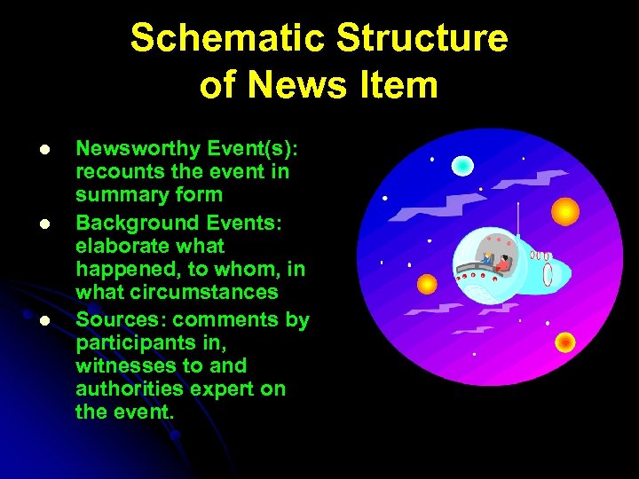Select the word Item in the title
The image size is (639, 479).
pyautogui.click(x=407, y=85)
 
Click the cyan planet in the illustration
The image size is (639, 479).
pyautogui.click(x=461, y=165)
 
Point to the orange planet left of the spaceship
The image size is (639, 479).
pyautogui.click(x=427, y=284)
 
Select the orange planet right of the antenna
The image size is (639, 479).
pyautogui.click(x=564, y=212)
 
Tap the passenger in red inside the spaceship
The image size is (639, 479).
pyautogui.click(x=505, y=263)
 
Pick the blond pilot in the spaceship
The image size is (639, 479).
pyautogui.click(x=486, y=259)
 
